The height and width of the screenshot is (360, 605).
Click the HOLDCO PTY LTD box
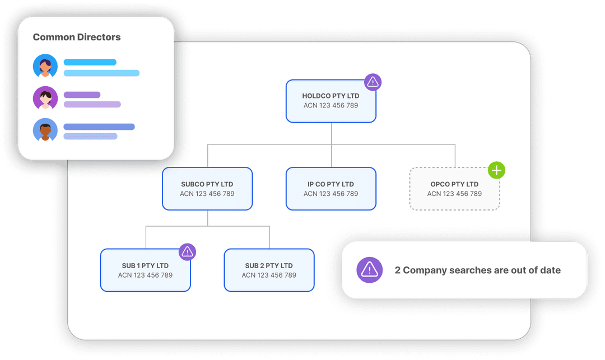[331, 101]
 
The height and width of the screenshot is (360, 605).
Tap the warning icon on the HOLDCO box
[373, 82]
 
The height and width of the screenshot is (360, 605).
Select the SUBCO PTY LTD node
[207, 189]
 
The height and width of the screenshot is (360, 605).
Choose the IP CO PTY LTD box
[331, 189]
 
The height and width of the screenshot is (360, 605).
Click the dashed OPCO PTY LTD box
[454, 189]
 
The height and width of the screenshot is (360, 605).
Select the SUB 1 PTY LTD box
[145, 270]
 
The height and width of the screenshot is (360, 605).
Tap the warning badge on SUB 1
[187, 252]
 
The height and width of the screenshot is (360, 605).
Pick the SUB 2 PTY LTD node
[269, 270]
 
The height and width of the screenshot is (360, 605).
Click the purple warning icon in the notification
[370, 270]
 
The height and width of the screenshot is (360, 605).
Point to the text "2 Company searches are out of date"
[477, 270]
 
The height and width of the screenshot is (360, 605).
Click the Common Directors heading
[77, 38]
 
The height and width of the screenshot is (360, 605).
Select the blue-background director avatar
[45, 66]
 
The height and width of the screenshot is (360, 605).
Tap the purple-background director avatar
[45, 99]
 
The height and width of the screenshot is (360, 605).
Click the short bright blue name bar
[90, 62]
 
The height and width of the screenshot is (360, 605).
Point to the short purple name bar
[82, 95]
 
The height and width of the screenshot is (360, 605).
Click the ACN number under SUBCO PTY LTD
[207, 194]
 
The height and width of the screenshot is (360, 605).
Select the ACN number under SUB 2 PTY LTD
[269, 275]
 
